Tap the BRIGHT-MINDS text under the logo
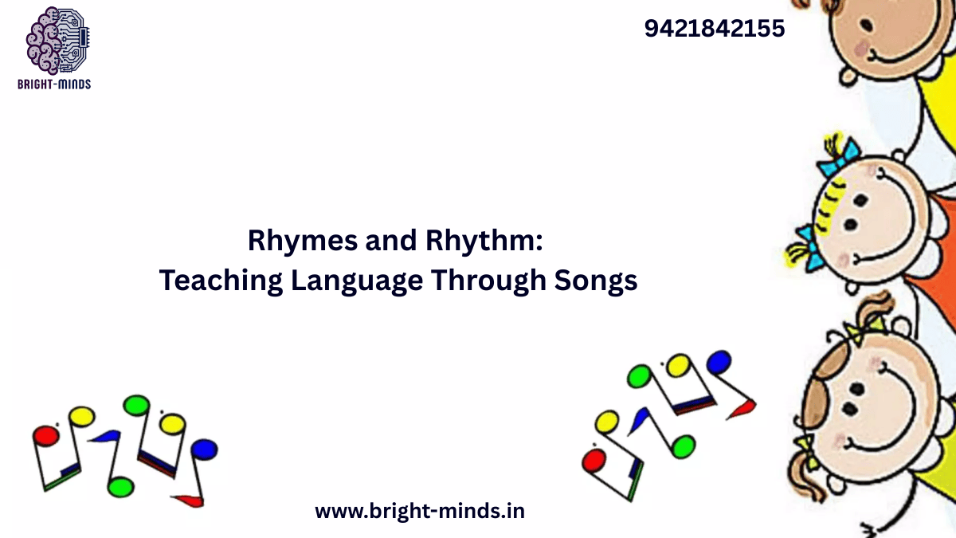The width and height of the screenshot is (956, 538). pyautogui.click(x=54, y=84)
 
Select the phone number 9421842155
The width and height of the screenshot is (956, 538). pyautogui.click(x=714, y=29)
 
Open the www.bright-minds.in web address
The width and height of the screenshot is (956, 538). pyautogui.click(x=420, y=511)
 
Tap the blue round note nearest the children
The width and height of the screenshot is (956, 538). pyautogui.click(x=718, y=362)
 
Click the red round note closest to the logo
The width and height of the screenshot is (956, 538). pyautogui.click(x=45, y=436)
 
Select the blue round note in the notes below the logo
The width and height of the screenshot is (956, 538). pyautogui.click(x=204, y=449)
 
